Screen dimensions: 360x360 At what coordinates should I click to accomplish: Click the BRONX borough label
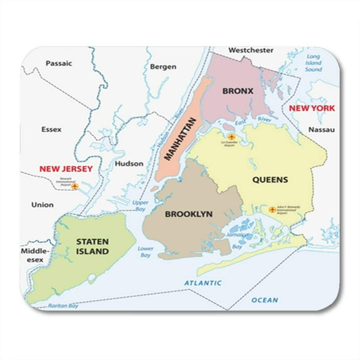coord(237,91)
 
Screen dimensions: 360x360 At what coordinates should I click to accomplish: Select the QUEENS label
coord(270,179)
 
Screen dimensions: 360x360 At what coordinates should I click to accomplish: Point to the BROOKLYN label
coord(189,214)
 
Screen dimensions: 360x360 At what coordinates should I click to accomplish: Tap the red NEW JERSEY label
coord(66,169)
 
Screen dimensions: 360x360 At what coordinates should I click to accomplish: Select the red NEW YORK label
coord(311,107)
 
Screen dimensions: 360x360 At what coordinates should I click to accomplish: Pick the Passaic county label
coord(59,63)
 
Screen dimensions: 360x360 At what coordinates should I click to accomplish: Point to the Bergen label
coord(163,66)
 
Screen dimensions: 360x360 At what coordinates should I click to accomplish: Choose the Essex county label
coord(51,131)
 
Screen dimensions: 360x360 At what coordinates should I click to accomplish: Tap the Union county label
coord(42,204)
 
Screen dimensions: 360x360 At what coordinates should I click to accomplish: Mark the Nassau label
coord(321,130)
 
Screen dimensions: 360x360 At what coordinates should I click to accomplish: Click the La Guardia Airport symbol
coord(231,136)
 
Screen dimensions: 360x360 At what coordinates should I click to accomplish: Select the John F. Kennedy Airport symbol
coord(272,209)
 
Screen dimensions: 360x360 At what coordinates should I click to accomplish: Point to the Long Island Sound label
coord(313,63)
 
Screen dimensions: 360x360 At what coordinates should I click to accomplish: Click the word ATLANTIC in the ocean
coord(202,283)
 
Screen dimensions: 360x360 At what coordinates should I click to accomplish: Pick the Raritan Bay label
coord(64,306)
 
